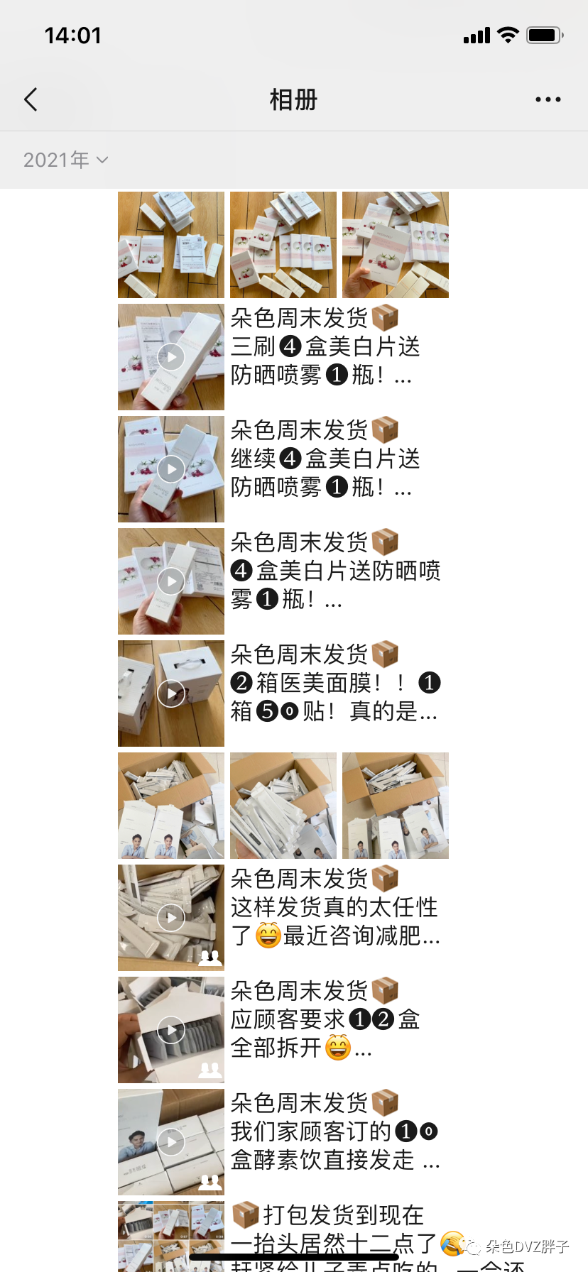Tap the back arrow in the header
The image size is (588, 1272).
(x=31, y=99)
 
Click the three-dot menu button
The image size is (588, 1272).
(x=548, y=99)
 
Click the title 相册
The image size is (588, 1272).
(x=293, y=100)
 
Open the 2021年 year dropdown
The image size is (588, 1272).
(x=65, y=160)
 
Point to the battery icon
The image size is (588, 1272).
(x=544, y=35)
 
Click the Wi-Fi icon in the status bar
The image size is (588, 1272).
(x=508, y=35)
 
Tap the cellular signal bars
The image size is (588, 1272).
(x=477, y=35)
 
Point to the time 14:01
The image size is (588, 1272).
(x=72, y=35)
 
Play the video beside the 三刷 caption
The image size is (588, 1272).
(x=171, y=357)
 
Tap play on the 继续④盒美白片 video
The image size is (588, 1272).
(x=171, y=469)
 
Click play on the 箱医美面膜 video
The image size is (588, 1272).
(x=171, y=693)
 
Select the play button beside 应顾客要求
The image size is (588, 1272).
(x=171, y=1030)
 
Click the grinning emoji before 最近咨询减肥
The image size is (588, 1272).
(x=268, y=936)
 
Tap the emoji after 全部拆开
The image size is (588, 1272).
(x=338, y=1047)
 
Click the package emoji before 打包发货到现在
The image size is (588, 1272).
(x=245, y=1215)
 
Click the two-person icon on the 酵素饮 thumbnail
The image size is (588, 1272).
(x=209, y=1182)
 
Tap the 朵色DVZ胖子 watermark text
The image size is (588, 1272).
(x=527, y=1246)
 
